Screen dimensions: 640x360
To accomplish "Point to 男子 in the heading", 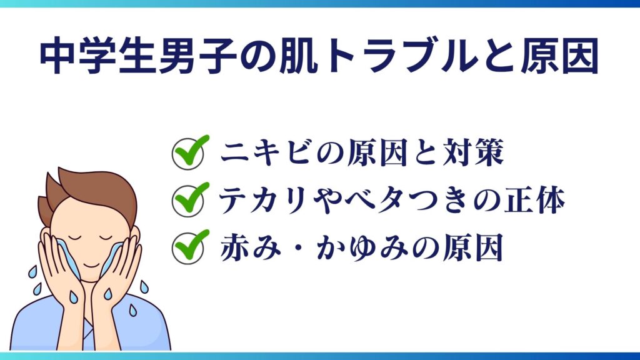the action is coord(197,56).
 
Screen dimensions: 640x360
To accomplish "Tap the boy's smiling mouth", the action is coord(91,265).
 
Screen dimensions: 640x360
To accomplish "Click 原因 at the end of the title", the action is coord(559,56).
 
